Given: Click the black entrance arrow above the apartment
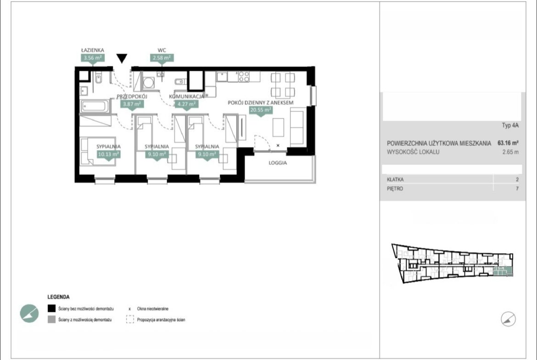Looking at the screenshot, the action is (x=122, y=58).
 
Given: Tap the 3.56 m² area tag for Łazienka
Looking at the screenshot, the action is (x=92, y=58).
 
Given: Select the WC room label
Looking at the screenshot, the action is (x=162, y=50).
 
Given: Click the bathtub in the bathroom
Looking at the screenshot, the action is (x=95, y=106).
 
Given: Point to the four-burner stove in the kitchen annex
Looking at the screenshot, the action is (x=244, y=77).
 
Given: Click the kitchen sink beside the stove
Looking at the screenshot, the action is (x=222, y=76).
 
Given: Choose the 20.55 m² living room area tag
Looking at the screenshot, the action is (x=261, y=110).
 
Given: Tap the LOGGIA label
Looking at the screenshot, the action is (x=278, y=163).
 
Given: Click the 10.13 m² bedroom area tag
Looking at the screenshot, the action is (x=108, y=154).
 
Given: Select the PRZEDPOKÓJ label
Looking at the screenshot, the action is (x=132, y=96).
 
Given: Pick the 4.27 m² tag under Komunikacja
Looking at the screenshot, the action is (x=187, y=104).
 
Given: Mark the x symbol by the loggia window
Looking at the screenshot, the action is (x=278, y=145).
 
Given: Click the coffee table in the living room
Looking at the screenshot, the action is (x=278, y=127).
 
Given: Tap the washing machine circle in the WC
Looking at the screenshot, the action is (x=149, y=83).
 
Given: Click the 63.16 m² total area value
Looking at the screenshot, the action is (x=508, y=143).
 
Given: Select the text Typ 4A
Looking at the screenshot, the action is (x=510, y=125).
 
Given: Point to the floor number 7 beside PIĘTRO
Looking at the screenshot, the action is (x=517, y=188).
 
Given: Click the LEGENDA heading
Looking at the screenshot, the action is (x=59, y=297).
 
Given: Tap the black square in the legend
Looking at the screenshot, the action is (x=51, y=309).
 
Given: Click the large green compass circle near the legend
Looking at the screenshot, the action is (x=29, y=313).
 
